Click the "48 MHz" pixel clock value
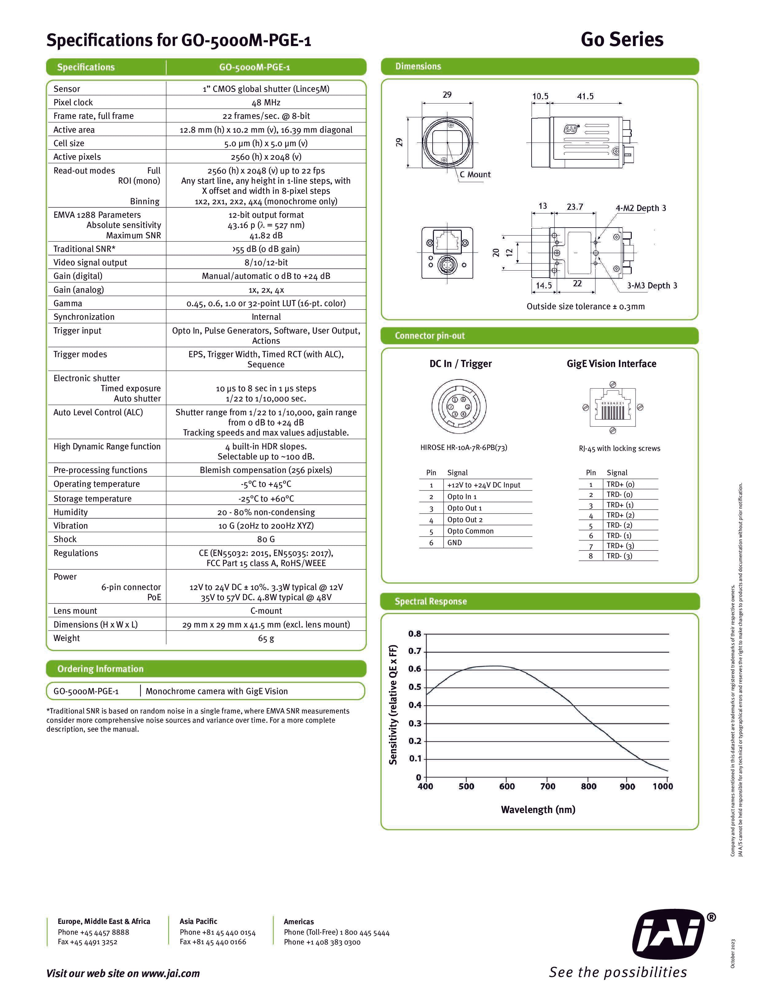click(x=266, y=102)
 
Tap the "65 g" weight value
click(x=266, y=638)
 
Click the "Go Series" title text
click(x=622, y=40)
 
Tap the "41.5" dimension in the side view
click(x=585, y=96)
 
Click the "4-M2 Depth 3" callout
click(x=641, y=208)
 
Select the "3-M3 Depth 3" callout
click(x=652, y=286)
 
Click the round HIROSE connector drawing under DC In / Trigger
click(x=458, y=407)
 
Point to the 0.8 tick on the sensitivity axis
click(x=414, y=634)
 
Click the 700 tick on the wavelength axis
click(x=548, y=787)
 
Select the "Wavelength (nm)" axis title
click(x=538, y=810)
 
